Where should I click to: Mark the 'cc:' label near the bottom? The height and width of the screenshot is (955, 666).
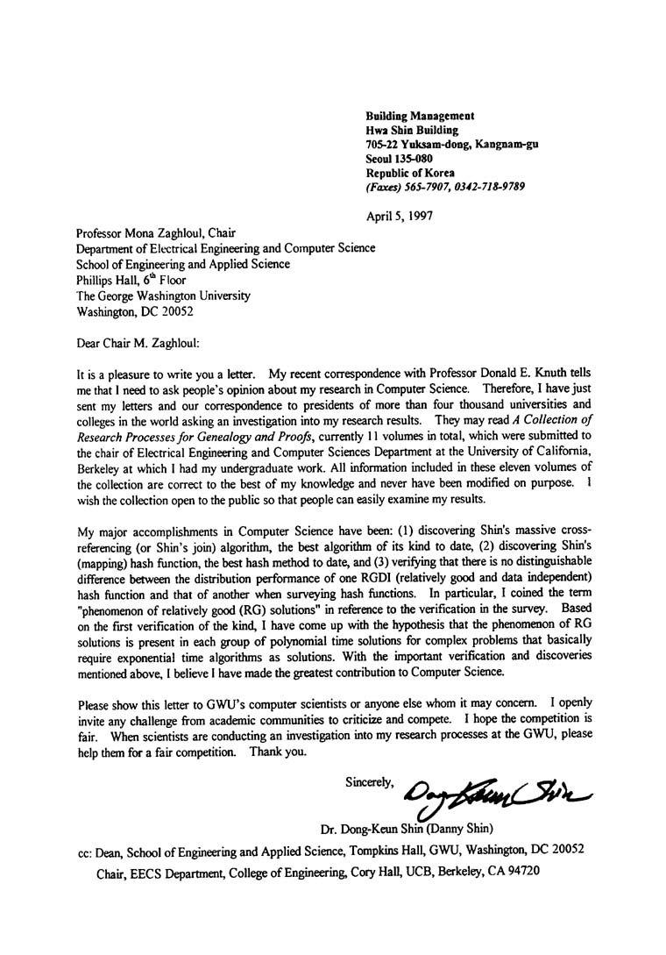[x=87, y=851]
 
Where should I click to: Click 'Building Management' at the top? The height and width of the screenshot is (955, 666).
[x=420, y=116]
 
